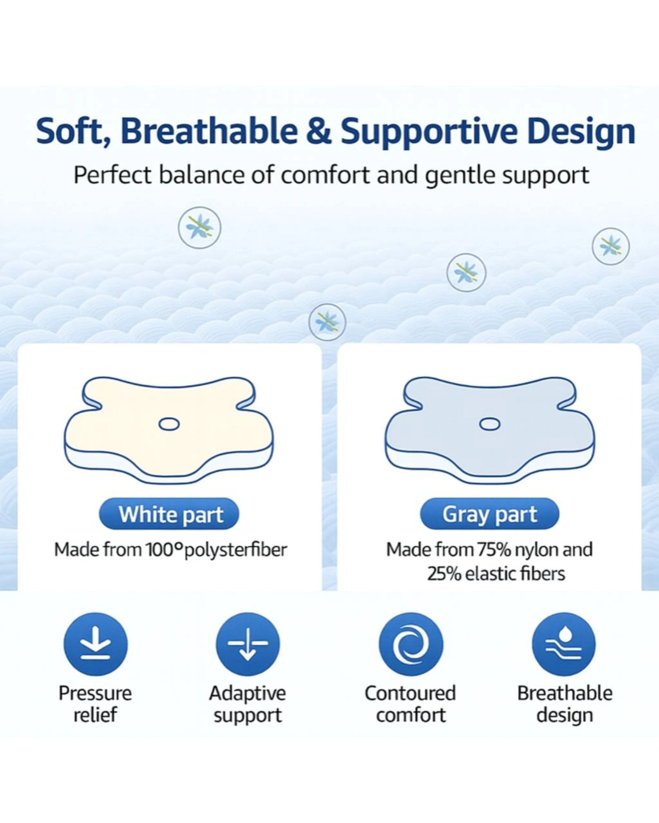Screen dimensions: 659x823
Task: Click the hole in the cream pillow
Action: [x=169, y=424]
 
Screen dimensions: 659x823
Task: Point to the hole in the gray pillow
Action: [x=490, y=424]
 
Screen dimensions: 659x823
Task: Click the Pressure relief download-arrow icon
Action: [x=95, y=644]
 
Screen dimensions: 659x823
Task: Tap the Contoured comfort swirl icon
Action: [x=411, y=644]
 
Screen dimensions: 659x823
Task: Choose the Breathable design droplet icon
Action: [x=564, y=644]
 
